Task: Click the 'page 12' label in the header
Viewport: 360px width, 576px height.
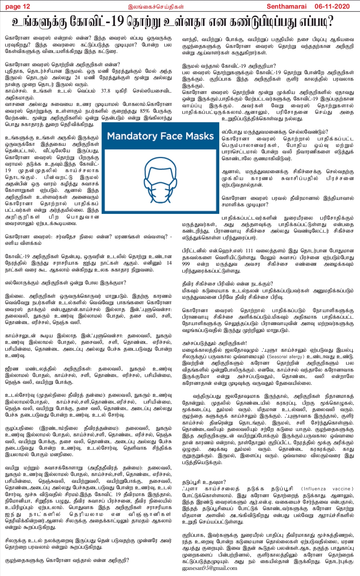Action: tap(18, 6)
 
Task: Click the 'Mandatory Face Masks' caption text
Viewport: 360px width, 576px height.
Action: tap(161, 136)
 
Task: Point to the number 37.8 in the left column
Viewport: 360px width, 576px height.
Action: tap(106, 91)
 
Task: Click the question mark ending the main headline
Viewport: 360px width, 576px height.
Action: tap(330, 21)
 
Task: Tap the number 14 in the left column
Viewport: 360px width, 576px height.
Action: tap(168, 263)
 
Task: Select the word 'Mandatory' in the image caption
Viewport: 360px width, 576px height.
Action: tap(132, 136)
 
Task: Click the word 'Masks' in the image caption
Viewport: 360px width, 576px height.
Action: tap(200, 136)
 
